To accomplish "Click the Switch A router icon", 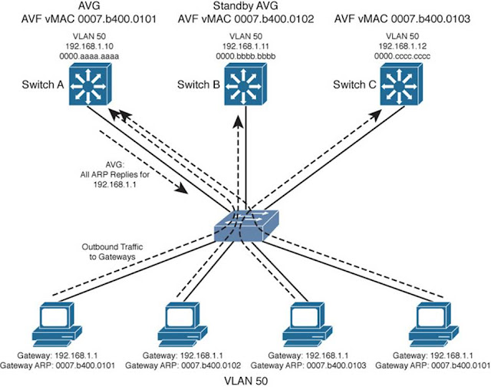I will [x=89, y=84].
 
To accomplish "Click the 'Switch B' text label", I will [x=196, y=84].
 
